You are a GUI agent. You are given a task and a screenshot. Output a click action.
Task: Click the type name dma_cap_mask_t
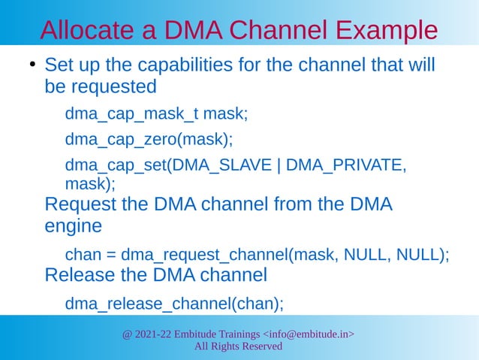132,114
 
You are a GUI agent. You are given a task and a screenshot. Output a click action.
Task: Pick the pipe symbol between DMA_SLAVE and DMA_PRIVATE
279,165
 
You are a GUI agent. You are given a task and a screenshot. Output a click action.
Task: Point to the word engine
73,225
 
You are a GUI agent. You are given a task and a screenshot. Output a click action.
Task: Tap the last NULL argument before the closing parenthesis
417,254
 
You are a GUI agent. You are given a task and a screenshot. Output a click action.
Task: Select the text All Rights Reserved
238,346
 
